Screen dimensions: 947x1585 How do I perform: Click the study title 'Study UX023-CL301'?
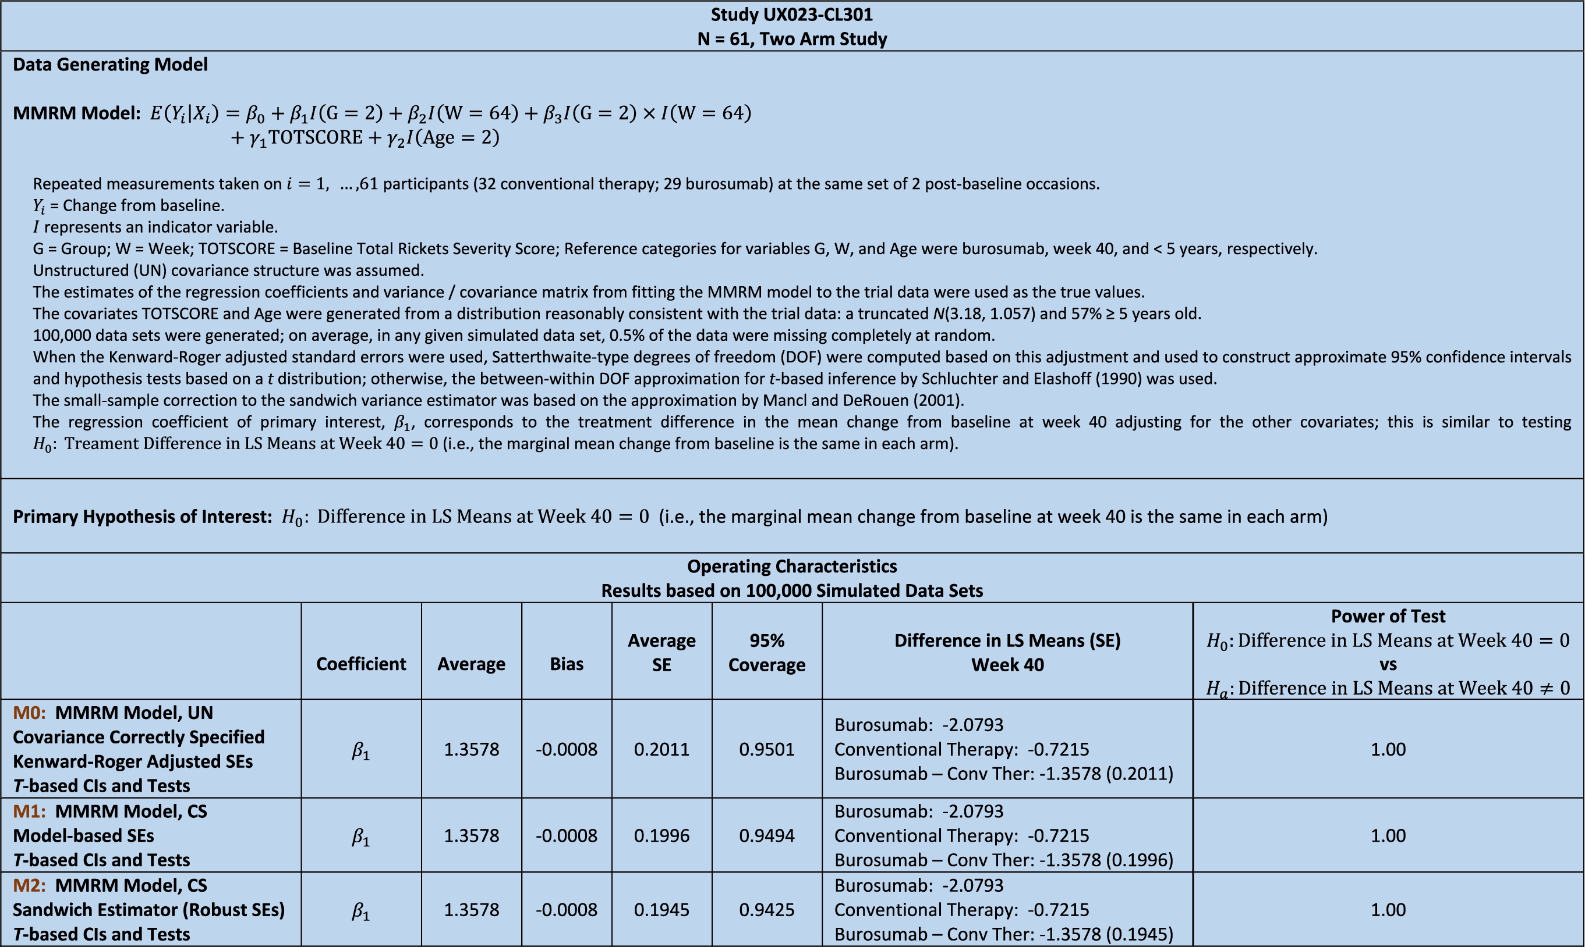pyautogui.click(x=792, y=14)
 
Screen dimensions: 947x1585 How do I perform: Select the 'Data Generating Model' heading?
pyautogui.click(x=110, y=65)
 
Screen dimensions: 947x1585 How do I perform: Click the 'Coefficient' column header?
pyautogui.click(x=361, y=664)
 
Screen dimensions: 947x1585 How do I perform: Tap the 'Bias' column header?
pyautogui.click(x=567, y=664)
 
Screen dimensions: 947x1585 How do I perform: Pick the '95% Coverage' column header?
pyautogui.click(x=766, y=652)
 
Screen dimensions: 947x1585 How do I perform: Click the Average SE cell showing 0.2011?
pyautogui.click(x=661, y=749)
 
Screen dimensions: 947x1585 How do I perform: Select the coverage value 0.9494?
pyautogui.click(x=766, y=835)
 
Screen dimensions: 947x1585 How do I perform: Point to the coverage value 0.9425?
pyautogui.click(x=766, y=909)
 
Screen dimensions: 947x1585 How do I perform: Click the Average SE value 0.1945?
pyautogui.click(x=661, y=909)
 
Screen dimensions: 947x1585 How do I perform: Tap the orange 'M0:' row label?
pyautogui.click(x=29, y=713)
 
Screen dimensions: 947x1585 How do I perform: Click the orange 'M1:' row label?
pyautogui.click(x=29, y=811)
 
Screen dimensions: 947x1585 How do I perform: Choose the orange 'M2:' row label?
pyautogui.click(x=29, y=885)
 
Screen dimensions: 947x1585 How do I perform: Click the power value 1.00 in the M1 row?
pyautogui.click(x=1388, y=835)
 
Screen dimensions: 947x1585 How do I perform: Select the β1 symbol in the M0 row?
pyautogui.click(x=361, y=750)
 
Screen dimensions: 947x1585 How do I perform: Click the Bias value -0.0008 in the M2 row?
pyautogui.click(x=567, y=909)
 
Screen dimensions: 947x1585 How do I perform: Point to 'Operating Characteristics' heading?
pyautogui.click(x=792, y=566)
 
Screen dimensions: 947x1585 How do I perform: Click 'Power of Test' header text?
pyautogui.click(x=1388, y=616)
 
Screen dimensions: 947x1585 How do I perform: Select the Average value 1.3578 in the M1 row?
pyautogui.click(x=471, y=835)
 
